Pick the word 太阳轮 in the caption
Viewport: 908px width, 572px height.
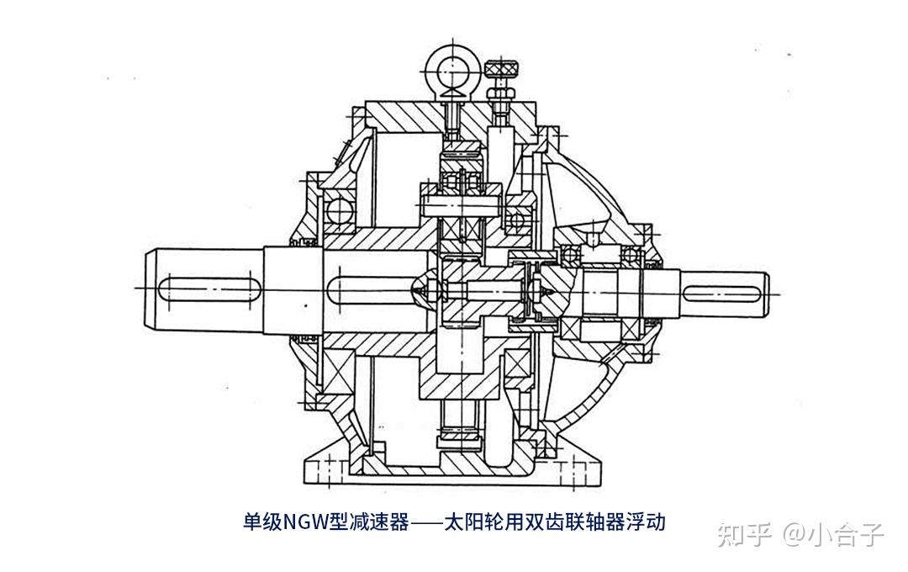click(472, 522)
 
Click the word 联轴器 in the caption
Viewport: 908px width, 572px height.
click(593, 522)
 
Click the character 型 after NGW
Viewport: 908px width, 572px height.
click(339, 522)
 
